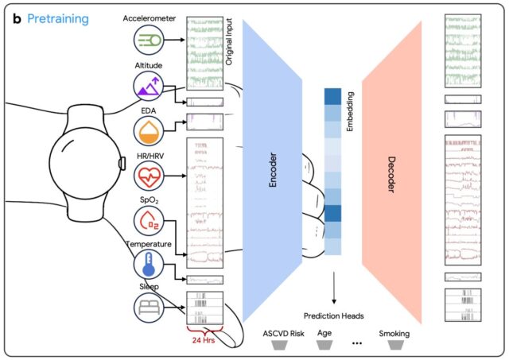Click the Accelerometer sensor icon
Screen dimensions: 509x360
[x=149, y=40]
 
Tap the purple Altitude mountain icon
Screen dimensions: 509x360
[x=149, y=87]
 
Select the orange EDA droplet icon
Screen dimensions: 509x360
[x=149, y=131]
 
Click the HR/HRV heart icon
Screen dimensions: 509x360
[x=149, y=176]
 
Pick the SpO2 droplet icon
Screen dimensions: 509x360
[x=149, y=221]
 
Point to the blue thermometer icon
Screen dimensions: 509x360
[x=149, y=264]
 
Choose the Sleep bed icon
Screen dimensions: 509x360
[x=149, y=308]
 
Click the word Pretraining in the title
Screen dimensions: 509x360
[x=58, y=19]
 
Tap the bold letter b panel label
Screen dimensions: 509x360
[x=17, y=19]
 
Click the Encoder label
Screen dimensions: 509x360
[x=273, y=170]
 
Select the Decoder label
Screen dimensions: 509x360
[x=392, y=175]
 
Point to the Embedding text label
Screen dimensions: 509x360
[x=350, y=111]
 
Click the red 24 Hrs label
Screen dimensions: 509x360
[x=204, y=340]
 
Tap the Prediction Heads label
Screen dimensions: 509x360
[x=334, y=315]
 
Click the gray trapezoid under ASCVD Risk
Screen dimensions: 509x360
[x=279, y=345]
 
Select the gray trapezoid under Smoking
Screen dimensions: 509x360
[x=396, y=345]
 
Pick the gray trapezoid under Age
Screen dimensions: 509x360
[x=324, y=345]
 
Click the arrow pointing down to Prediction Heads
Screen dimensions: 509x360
[x=334, y=288]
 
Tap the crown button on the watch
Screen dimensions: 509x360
[x=122, y=164]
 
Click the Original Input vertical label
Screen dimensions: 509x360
[x=229, y=42]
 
